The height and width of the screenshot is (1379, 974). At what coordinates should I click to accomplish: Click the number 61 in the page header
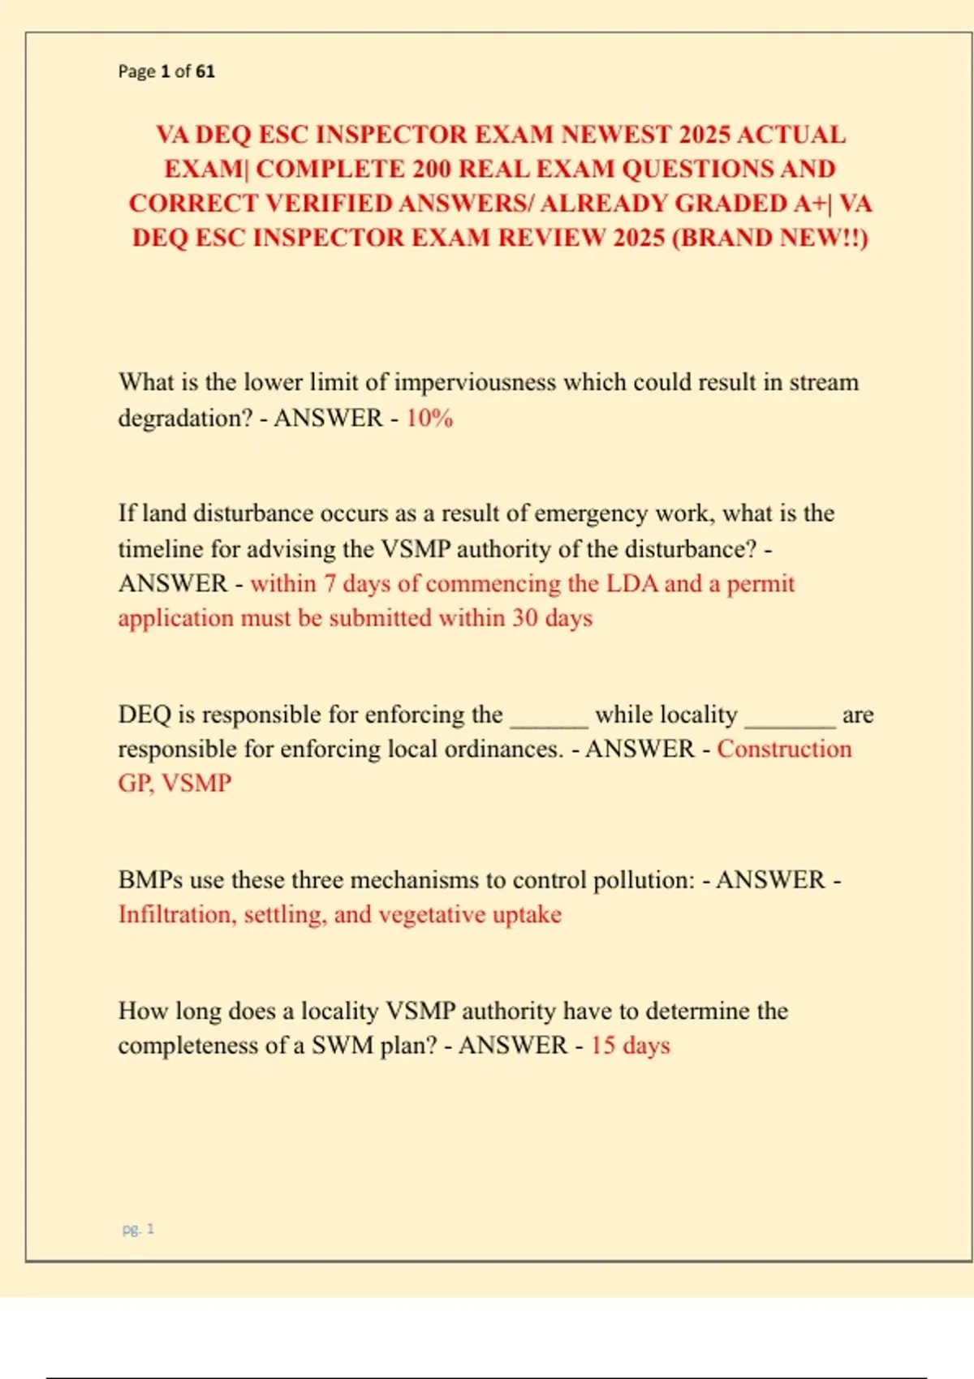(x=205, y=71)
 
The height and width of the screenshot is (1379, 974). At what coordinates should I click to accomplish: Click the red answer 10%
(x=429, y=418)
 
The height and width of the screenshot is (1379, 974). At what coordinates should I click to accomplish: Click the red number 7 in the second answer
(x=330, y=583)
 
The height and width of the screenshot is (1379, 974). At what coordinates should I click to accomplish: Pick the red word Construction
(x=784, y=749)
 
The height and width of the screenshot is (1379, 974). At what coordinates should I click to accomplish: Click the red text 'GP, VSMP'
(x=175, y=783)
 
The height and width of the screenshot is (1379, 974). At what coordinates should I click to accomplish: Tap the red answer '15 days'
(x=630, y=1045)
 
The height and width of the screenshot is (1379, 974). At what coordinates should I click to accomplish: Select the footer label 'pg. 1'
(x=138, y=1229)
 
